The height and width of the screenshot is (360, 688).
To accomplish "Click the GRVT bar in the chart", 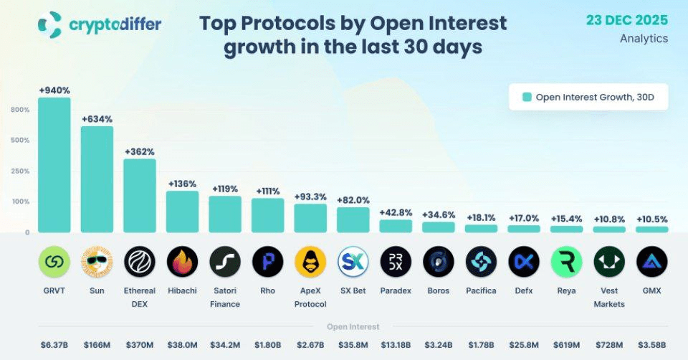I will point(54,165).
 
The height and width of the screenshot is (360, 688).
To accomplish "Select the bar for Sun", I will point(97,179).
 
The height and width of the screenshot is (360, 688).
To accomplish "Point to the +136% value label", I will point(183,184).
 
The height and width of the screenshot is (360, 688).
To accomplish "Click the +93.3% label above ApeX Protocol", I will point(310,196).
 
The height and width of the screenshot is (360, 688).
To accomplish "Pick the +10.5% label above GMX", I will point(652,219).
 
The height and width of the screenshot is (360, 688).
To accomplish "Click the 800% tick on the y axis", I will point(20,110).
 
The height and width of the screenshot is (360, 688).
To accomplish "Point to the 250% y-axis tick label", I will point(20,171).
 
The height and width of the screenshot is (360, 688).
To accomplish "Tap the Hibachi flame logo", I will point(183,262).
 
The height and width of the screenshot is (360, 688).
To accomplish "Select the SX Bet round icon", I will point(353,262).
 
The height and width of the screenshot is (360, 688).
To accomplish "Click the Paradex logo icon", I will point(396,262).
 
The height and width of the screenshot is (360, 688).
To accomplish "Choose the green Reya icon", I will point(566,262).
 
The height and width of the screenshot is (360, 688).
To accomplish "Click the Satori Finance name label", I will point(225,298).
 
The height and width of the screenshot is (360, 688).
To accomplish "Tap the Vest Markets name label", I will point(609,298).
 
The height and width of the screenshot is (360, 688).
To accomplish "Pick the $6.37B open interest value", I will point(54,344).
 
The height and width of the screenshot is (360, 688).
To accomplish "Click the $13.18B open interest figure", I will point(396,344).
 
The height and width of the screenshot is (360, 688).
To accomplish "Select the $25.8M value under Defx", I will point(524,344).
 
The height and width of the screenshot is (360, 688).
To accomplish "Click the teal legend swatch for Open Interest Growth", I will point(527,97).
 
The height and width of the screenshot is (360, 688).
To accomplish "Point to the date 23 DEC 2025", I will point(627,19).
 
